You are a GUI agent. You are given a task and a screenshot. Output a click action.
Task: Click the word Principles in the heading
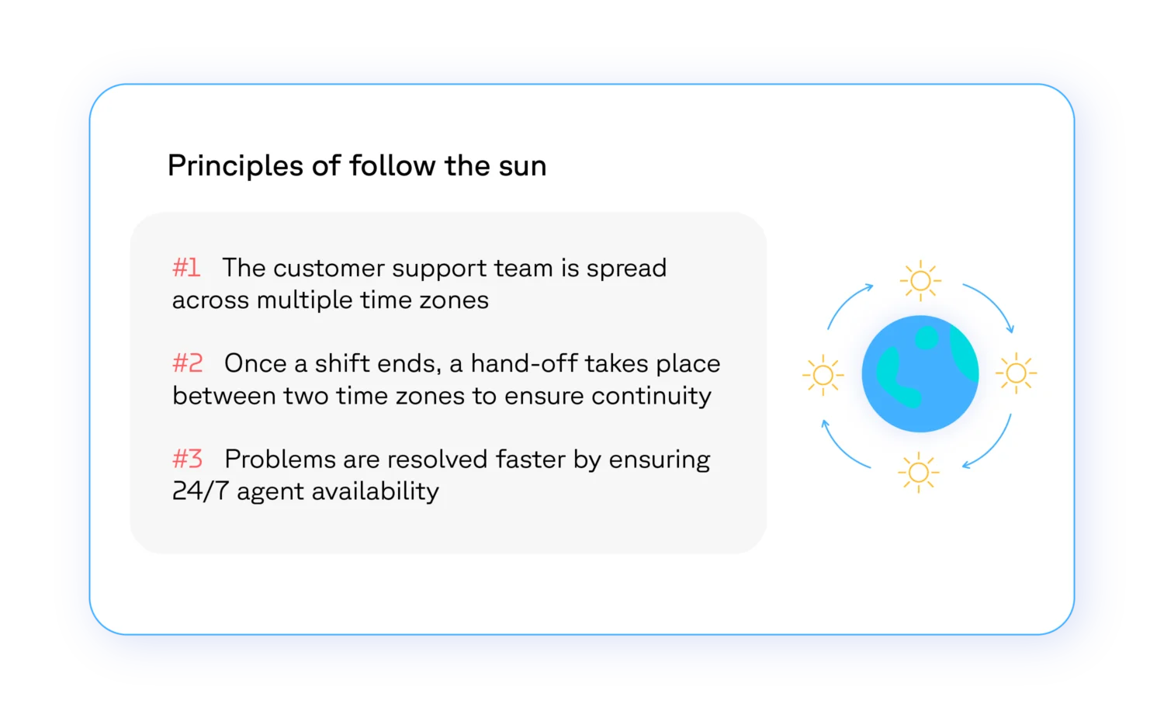click(235, 167)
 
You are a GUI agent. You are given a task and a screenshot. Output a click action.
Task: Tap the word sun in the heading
click(522, 166)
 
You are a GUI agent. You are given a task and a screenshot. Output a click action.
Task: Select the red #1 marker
click(186, 268)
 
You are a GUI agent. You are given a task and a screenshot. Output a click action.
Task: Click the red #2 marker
click(187, 363)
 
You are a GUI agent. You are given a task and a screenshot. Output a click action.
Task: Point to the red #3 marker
click(187, 459)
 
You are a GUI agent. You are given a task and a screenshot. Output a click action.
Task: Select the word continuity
click(651, 397)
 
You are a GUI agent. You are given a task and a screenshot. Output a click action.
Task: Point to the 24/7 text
click(200, 491)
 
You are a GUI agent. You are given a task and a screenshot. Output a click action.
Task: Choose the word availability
click(375, 492)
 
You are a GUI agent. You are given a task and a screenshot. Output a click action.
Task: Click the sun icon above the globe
click(920, 281)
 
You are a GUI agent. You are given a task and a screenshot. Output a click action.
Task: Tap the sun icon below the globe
click(918, 473)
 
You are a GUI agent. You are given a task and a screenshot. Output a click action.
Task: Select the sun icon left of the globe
click(823, 375)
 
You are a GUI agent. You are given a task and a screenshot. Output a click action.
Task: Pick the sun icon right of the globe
click(1016, 373)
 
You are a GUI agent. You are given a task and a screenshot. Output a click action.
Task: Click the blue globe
click(920, 374)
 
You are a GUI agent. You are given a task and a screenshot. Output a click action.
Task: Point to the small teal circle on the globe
click(926, 338)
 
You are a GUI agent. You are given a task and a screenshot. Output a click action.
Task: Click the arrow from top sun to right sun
click(996, 300)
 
